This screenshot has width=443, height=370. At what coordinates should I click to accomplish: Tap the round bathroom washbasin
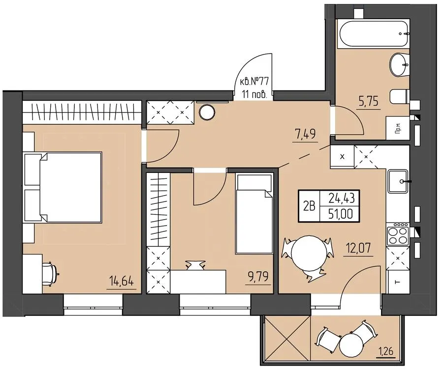click(399, 65)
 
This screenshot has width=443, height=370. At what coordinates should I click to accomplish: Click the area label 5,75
click(368, 101)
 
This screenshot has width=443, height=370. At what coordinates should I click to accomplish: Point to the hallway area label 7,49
click(305, 134)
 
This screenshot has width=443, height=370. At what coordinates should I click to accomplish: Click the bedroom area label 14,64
click(122, 282)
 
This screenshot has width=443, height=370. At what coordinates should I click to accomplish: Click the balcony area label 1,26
click(385, 352)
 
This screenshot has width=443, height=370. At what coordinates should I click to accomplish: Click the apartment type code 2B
click(309, 206)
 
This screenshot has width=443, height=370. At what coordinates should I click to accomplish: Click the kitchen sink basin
click(398, 182)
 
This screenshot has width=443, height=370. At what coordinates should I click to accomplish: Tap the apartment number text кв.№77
click(254, 82)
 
